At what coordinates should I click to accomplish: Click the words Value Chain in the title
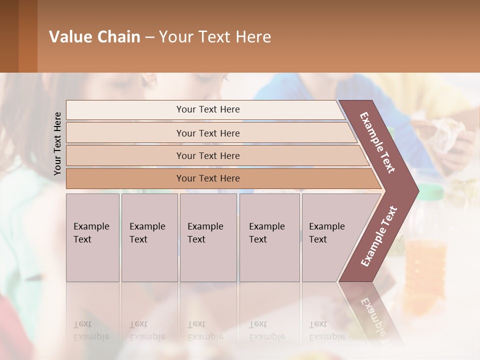[x=94, y=37]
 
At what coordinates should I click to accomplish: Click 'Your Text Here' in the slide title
[x=215, y=37]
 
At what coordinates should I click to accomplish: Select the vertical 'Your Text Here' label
[x=57, y=143]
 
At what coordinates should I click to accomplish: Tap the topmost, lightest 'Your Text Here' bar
[x=207, y=109]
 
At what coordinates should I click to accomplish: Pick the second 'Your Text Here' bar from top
[x=207, y=133]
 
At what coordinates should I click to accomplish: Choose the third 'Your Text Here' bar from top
[x=207, y=155]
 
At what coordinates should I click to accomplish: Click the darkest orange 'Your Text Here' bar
[x=207, y=178]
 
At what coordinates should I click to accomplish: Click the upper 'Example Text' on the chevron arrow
[x=377, y=142]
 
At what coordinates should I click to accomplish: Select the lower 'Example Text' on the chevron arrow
[x=379, y=236]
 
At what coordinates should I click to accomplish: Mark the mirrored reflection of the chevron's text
[x=374, y=317]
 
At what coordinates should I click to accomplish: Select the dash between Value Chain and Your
[x=149, y=37]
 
